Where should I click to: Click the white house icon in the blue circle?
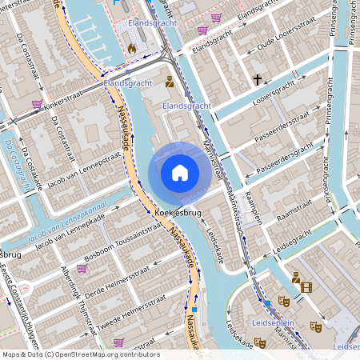(x=180, y=173)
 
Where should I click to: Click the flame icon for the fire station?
(x=132, y=48)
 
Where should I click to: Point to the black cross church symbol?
(x=258, y=80)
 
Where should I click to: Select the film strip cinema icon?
(x=307, y=287)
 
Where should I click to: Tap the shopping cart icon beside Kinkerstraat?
(x=37, y=104)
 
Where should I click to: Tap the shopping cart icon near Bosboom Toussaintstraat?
(x=81, y=269)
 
